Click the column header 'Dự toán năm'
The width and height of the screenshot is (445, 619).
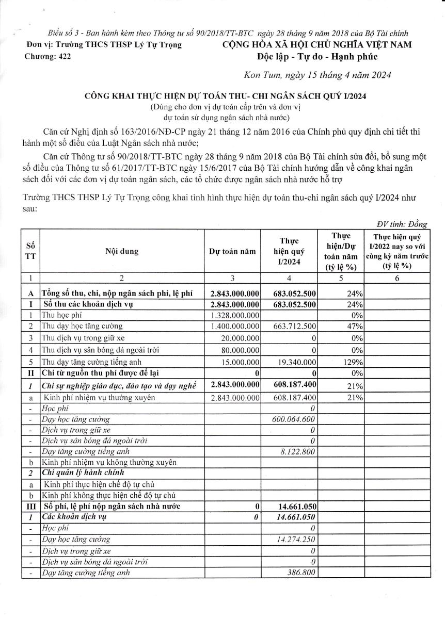pos(232,252)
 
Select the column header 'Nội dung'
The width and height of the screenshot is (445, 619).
pos(122,252)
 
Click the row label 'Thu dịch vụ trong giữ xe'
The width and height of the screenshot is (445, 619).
pos(85,338)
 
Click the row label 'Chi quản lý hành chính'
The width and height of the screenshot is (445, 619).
pos(82,473)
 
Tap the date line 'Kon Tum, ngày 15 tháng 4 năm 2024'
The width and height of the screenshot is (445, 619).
pos(316,75)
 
